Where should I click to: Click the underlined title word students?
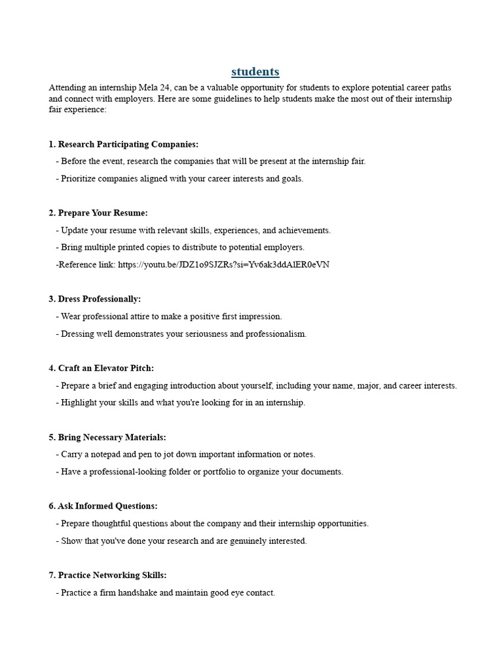click(x=255, y=71)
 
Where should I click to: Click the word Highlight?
click(x=79, y=402)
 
